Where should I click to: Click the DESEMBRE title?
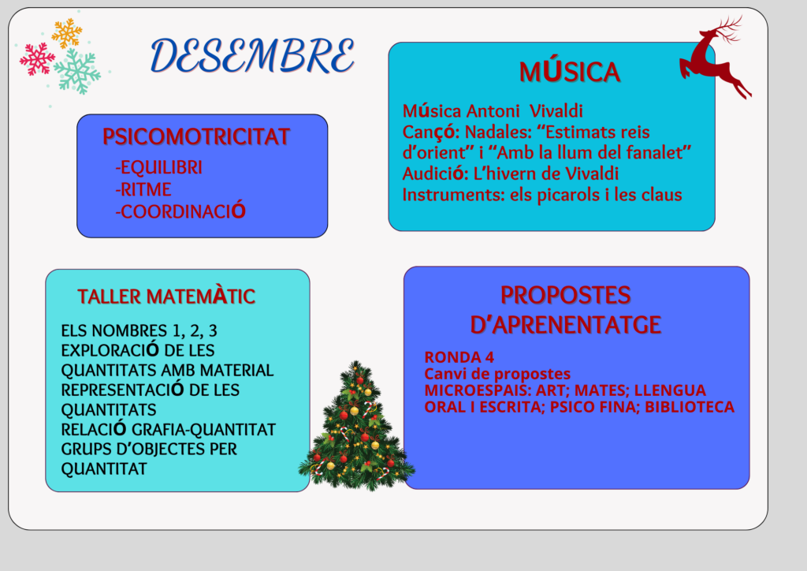pos(252,55)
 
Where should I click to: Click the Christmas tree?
pos(356,427)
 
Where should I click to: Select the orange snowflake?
pos(67,33)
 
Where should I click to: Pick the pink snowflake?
pos(37,58)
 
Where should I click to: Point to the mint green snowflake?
pos(77,72)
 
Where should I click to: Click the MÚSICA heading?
pos(569,72)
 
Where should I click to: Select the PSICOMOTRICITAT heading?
pos(196,137)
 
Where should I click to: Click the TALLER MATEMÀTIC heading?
pos(166,296)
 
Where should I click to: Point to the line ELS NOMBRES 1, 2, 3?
pos(139,330)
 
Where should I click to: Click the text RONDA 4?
pos(459,356)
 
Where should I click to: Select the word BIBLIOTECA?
pos(690,407)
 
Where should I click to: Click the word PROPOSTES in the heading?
pos(566,295)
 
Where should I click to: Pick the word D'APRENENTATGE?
pos(566,325)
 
